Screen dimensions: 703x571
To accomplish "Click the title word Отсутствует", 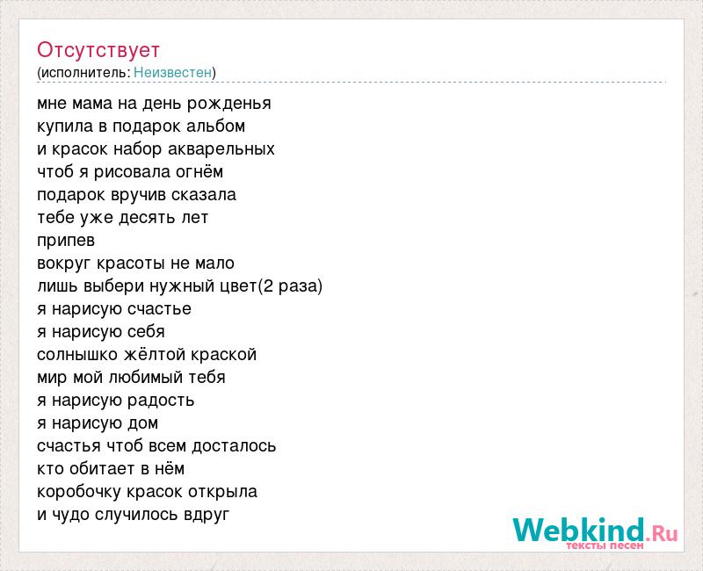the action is click(98, 50).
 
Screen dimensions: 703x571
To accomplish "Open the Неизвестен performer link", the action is click(172, 72).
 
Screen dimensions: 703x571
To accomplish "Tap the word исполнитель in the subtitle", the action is click(84, 72).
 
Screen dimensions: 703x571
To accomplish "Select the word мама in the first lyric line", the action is click(92, 104).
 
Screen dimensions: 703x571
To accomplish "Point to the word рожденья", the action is click(229, 105).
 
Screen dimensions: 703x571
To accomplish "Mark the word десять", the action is click(147, 218).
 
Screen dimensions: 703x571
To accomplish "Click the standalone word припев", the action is click(66, 241).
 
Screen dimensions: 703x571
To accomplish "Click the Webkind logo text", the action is click(579, 530).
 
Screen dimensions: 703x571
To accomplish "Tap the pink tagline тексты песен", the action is click(605, 546).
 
